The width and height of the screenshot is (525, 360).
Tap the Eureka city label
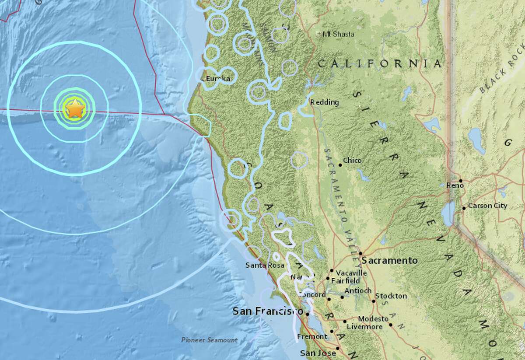pos(217,79)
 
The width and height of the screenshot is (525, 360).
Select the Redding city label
pos(325,102)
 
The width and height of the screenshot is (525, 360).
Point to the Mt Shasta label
pos(339,34)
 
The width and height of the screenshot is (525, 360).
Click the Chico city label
pos(353,161)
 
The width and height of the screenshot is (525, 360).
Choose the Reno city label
pos(455,185)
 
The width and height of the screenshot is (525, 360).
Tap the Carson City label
pos(487,206)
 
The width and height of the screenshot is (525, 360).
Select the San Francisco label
pos(268,311)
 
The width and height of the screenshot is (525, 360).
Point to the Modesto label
pos(373,319)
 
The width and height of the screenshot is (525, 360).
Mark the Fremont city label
pos(312,336)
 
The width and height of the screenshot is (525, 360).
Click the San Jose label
pos(318,353)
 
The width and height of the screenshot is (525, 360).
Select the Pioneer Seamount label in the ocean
pos(210,340)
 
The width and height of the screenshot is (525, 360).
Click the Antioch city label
pos(358,291)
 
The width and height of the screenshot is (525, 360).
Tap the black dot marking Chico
pos(340,165)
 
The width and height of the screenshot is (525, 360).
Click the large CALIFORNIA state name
pos(379,64)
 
